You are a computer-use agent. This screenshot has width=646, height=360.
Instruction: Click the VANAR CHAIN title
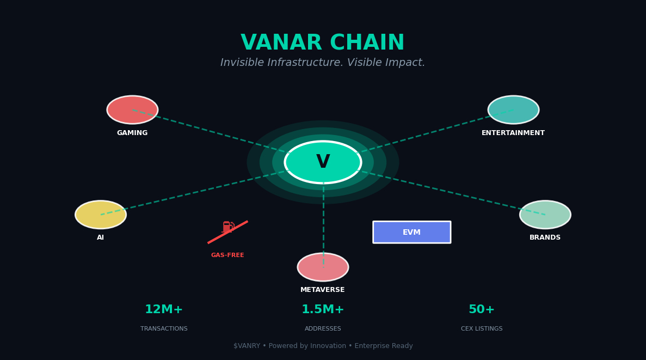(323, 44)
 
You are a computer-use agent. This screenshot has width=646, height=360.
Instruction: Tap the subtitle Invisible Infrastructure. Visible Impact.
(323, 63)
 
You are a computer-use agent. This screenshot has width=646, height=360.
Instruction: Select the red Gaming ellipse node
(132, 110)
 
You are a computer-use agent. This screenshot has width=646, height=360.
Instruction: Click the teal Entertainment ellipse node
(513, 110)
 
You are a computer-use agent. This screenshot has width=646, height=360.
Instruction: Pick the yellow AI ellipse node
(101, 215)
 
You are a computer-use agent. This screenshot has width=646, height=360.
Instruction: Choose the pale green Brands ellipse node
(545, 215)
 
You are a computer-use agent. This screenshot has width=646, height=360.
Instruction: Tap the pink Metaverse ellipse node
(323, 267)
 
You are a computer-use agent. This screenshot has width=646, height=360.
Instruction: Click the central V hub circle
(323, 162)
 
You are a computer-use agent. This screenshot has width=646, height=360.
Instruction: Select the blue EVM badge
(411, 232)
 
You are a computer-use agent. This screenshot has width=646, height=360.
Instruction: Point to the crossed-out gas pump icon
(228, 228)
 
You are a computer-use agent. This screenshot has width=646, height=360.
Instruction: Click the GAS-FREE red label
(227, 255)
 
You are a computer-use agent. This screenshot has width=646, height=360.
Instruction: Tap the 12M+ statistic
(164, 310)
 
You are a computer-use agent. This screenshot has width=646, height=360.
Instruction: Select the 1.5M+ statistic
(323, 310)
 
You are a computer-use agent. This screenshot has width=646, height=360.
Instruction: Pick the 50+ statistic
(482, 310)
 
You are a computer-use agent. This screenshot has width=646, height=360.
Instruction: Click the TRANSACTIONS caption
(164, 329)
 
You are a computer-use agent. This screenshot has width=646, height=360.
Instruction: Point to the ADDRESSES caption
(323, 329)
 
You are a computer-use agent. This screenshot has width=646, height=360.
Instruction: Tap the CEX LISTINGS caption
(482, 329)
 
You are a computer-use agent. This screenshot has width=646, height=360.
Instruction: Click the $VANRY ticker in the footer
(245, 346)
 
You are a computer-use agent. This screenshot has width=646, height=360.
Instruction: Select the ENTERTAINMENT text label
(513, 133)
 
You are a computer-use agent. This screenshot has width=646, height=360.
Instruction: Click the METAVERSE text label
(323, 290)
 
